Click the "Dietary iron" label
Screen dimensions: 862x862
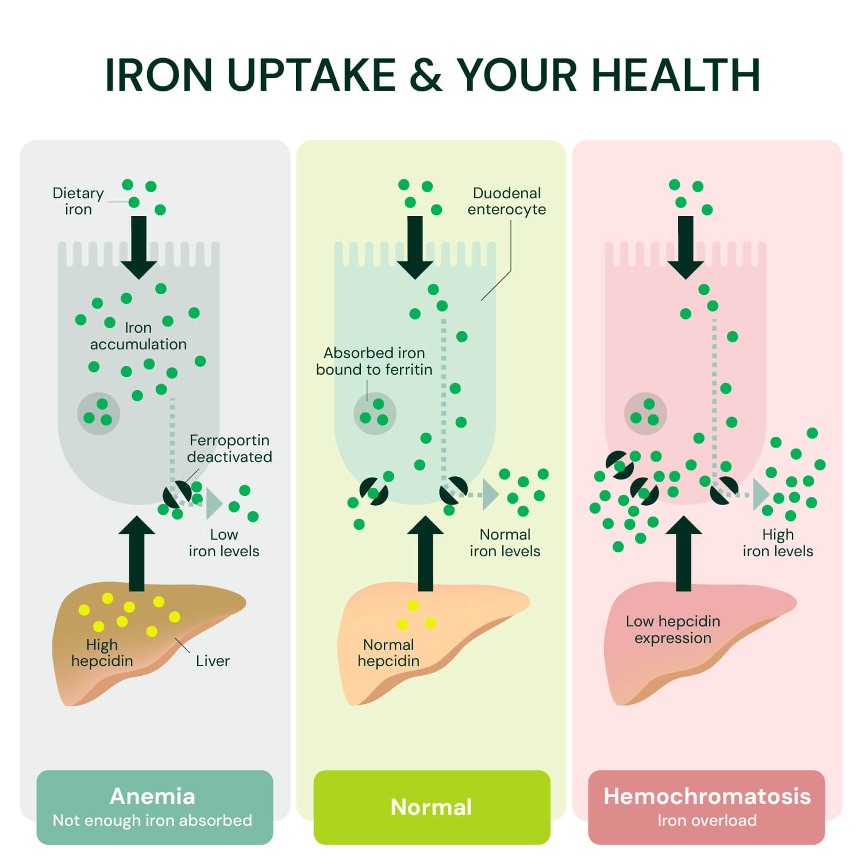78,201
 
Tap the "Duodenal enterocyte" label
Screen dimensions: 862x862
507,201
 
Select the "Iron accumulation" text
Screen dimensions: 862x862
138,336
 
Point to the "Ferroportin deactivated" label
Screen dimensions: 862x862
229,448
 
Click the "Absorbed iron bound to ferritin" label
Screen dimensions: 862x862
374,361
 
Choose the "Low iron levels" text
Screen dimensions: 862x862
224,542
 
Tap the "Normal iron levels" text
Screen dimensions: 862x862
505,542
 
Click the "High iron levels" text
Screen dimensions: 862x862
778,542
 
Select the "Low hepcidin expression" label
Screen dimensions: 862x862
673,629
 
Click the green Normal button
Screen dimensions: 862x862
432,807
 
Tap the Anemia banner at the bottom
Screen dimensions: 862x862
155,807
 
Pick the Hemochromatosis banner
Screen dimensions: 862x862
707,807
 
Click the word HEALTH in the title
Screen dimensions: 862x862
676,75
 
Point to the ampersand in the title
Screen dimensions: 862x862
426,75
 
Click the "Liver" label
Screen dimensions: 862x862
213,661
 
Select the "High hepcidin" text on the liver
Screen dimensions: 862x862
102,652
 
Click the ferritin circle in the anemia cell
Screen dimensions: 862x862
98,413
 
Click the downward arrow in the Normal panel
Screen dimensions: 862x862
415,248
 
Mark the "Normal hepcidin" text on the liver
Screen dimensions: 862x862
388,652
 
